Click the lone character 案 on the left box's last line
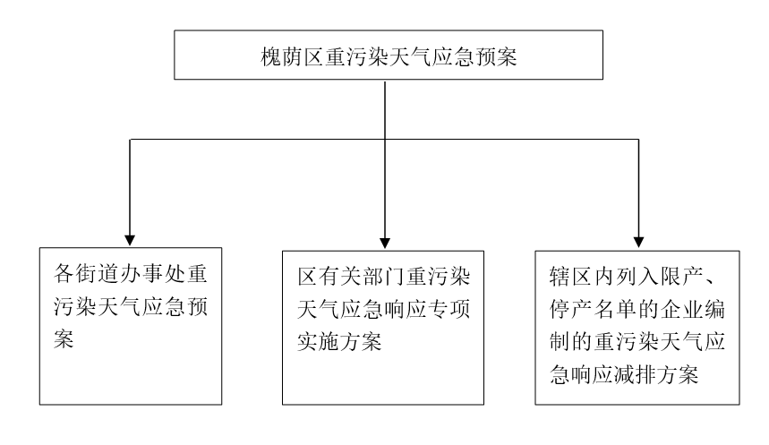click(x=64, y=339)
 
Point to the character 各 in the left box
click(x=64, y=273)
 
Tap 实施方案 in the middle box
click(x=340, y=342)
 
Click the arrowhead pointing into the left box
click(x=130, y=240)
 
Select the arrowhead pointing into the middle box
click(x=385, y=243)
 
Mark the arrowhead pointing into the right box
click(x=638, y=243)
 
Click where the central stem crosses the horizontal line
click(x=385, y=140)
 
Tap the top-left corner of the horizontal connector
click(x=130, y=140)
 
